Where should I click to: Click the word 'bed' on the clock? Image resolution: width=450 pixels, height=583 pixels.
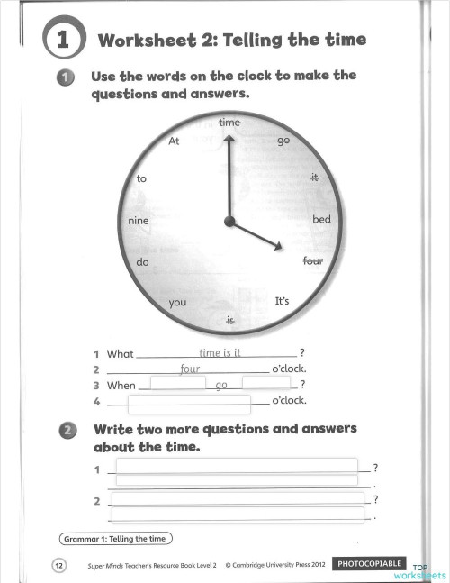(321, 220)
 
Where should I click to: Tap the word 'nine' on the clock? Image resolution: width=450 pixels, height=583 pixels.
(138, 220)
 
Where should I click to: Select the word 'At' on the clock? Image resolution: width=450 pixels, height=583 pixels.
(174, 141)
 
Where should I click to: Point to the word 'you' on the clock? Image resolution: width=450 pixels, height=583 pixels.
(177, 302)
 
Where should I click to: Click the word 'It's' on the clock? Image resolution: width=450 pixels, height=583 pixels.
(282, 300)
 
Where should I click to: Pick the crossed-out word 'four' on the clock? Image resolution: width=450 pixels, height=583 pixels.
(312, 262)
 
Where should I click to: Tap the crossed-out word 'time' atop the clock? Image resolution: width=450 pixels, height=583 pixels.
(229, 121)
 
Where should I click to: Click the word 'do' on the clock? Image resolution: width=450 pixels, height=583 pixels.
(141, 262)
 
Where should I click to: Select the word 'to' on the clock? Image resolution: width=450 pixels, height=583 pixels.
(141, 178)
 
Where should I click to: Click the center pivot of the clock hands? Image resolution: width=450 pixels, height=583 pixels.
(229, 221)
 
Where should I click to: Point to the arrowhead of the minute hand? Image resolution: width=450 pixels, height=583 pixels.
(229, 138)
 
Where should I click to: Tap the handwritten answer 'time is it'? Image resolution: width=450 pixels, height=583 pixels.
(220, 352)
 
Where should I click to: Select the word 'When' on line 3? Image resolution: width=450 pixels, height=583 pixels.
(121, 385)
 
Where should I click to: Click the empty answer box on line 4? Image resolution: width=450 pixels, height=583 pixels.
(189, 402)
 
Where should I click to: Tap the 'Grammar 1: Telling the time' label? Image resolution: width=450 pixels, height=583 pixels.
(116, 539)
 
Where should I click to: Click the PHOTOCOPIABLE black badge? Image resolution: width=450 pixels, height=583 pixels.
(369, 564)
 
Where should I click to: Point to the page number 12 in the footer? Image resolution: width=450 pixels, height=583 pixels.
(58, 565)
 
